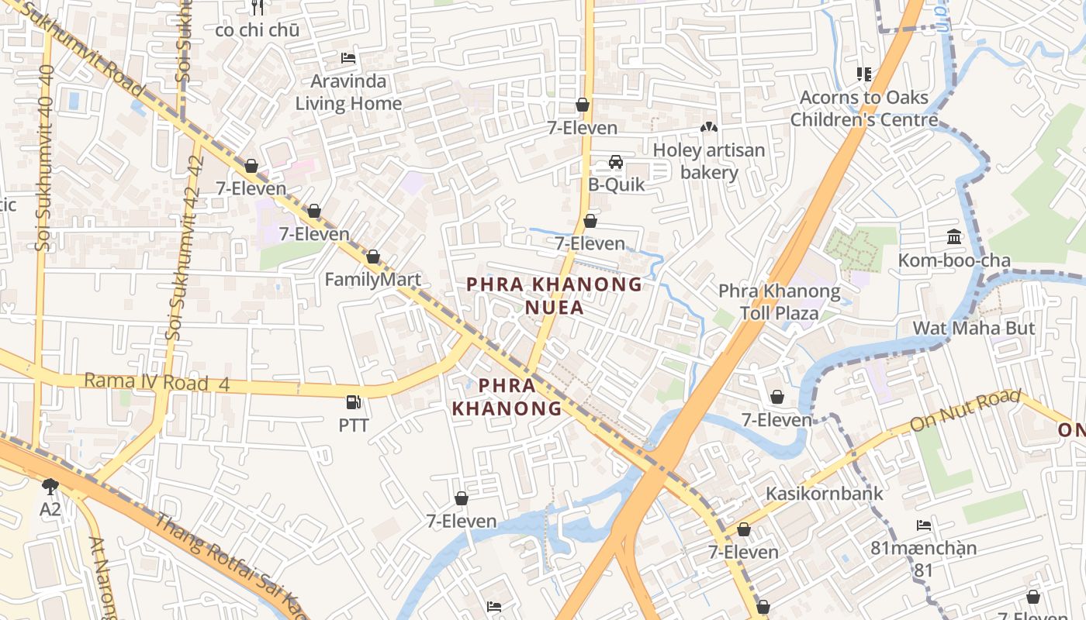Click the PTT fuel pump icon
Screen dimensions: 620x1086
pos(353,402)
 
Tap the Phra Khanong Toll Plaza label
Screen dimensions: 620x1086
pos(779,302)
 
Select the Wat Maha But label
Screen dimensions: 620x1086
pos(974,328)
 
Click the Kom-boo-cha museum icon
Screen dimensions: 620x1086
pos(954,237)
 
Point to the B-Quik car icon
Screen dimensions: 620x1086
pos(616,162)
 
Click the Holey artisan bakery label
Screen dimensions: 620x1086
pos(709,161)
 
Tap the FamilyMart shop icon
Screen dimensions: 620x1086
pos(373,257)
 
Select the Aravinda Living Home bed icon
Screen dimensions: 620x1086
pos(348,58)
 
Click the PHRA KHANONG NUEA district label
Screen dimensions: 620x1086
pos(554,296)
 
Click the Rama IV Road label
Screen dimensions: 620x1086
pos(156,382)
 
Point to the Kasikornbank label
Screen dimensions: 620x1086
pos(824,494)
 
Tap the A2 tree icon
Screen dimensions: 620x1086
pos(50,487)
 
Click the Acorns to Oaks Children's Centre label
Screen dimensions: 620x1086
pos(864,108)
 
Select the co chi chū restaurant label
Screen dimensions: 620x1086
pos(257,30)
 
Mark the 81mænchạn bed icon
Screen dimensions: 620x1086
pos(924,525)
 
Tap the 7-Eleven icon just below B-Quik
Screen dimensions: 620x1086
pos(590,221)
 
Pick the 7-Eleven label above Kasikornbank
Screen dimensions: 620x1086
pos(776,420)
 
